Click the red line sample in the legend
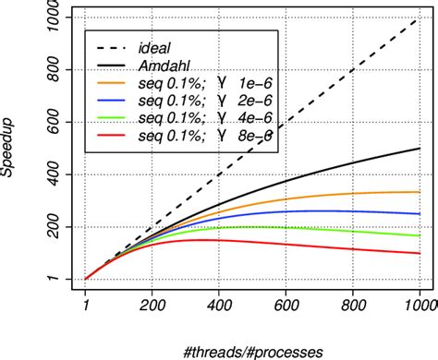tap(113, 137)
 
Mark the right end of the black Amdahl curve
tap(420, 149)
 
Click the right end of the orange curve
tap(420, 192)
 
